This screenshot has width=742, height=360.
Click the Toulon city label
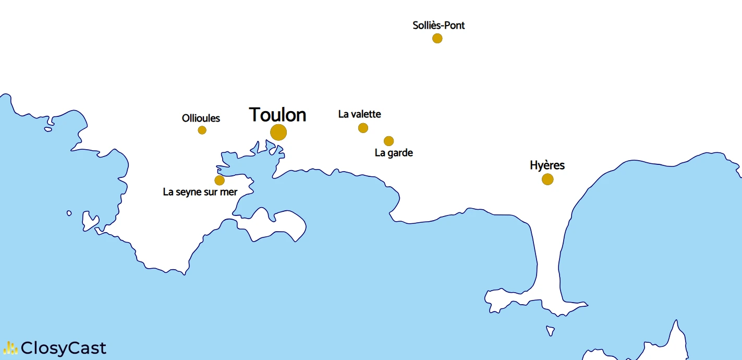[x=277, y=115]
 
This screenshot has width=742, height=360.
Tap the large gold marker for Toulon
[x=278, y=133]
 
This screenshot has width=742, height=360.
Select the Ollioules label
[x=201, y=118]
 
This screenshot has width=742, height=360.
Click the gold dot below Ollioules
[x=202, y=130]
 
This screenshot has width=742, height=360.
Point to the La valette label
[x=359, y=114]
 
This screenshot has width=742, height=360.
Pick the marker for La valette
[x=363, y=128]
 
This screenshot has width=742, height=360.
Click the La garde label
[x=394, y=153]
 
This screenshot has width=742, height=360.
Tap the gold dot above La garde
[x=388, y=141]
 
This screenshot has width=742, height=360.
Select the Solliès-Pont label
[x=439, y=25]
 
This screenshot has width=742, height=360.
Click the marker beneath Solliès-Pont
[x=437, y=38]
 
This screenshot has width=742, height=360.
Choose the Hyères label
[x=547, y=165]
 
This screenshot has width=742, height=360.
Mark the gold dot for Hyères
[x=547, y=179]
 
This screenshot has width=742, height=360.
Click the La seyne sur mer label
[x=200, y=192]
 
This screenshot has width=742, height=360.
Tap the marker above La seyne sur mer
[x=220, y=181]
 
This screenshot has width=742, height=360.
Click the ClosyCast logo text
[x=64, y=348]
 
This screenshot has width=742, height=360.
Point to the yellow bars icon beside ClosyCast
[x=10, y=348]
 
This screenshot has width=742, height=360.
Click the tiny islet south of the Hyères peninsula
[x=550, y=331]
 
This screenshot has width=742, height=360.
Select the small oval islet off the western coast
[x=69, y=213]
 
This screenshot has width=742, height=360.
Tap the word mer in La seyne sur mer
[x=229, y=192]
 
